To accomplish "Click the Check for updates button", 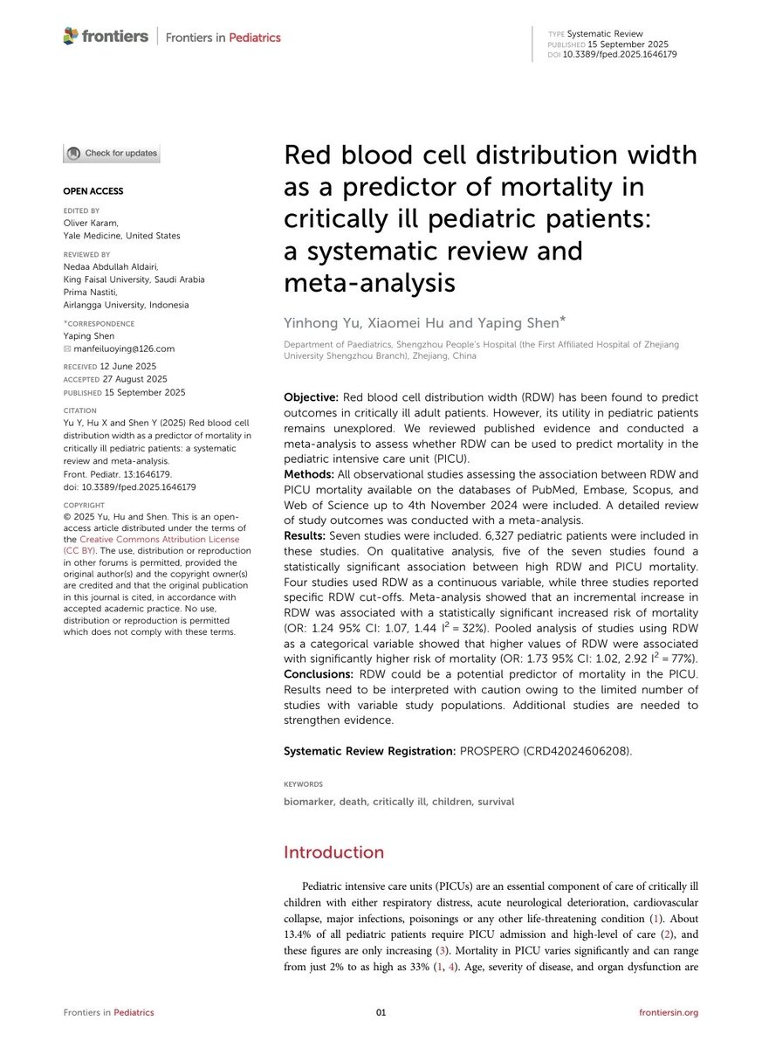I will click(111, 154).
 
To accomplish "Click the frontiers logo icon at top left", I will click(72, 36).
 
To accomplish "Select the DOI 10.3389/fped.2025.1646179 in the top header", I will click(620, 54).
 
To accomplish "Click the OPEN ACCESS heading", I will click(93, 191).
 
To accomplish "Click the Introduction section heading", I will click(333, 852).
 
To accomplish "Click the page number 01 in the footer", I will click(381, 1012).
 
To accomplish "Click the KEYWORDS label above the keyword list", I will click(303, 784).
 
